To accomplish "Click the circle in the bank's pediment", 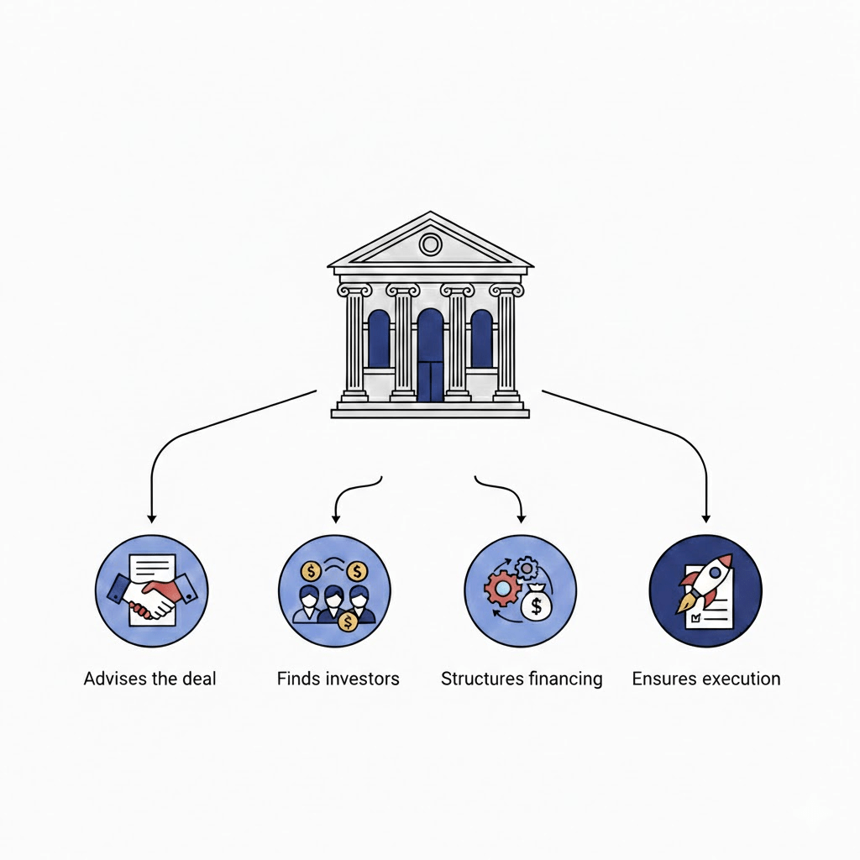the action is click(x=430, y=244).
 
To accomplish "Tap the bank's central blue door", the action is click(x=430, y=357).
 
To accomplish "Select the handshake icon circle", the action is click(x=152, y=590).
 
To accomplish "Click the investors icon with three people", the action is click(x=334, y=590).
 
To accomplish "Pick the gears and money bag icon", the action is click(x=521, y=590).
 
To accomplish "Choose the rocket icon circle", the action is click(x=706, y=590).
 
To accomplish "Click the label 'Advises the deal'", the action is click(x=150, y=679).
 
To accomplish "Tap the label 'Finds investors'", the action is click(x=338, y=679).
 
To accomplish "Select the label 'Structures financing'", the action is click(x=522, y=679).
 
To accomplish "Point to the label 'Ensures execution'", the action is click(x=706, y=679).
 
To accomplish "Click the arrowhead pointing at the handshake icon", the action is click(x=151, y=517).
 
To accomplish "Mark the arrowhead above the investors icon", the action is click(x=336, y=517).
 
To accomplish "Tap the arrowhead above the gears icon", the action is click(x=522, y=517).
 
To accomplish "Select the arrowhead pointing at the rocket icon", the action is click(x=706, y=517).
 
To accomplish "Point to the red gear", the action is click(x=501, y=589).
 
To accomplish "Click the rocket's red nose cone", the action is click(x=722, y=563).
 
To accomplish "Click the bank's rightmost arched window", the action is click(x=481, y=339).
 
